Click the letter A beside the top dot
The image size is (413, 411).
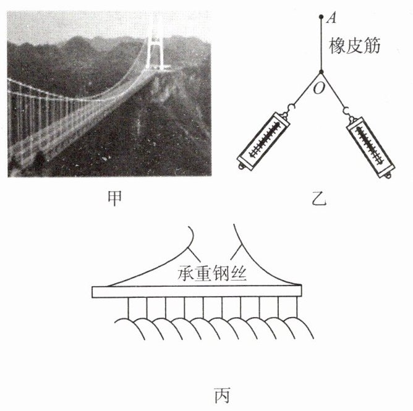click(x=331, y=19)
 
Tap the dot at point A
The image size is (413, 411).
click(x=321, y=17)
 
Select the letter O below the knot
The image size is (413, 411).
click(x=318, y=88)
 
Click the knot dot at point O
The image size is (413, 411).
click(x=321, y=72)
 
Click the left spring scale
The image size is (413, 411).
click(x=263, y=140)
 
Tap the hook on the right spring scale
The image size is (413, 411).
click(x=347, y=111)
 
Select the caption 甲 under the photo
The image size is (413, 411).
click(x=114, y=198)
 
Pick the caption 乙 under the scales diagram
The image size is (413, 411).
click(x=319, y=198)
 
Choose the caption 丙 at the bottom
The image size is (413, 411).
click(x=222, y=395)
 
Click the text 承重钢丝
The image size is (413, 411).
click(x=212, y=273)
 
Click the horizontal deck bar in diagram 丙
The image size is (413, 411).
click(x=197, y=292)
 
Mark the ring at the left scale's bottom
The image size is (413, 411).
click(x=241, y=167)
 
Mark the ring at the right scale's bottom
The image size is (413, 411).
click(x=388, y=176)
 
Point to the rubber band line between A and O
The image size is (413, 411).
click(x=321, y=44)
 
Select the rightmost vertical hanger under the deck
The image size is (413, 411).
click(x=297, y=308)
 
